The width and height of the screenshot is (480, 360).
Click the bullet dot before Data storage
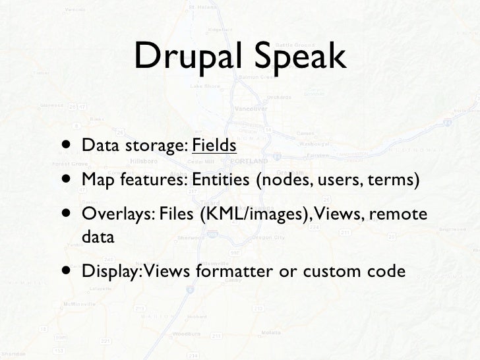69,144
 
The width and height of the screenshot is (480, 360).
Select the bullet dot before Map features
69,179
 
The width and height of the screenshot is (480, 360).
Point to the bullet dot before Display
69,271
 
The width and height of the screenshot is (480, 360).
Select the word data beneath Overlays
98,237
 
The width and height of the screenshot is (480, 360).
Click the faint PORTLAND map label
249,160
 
